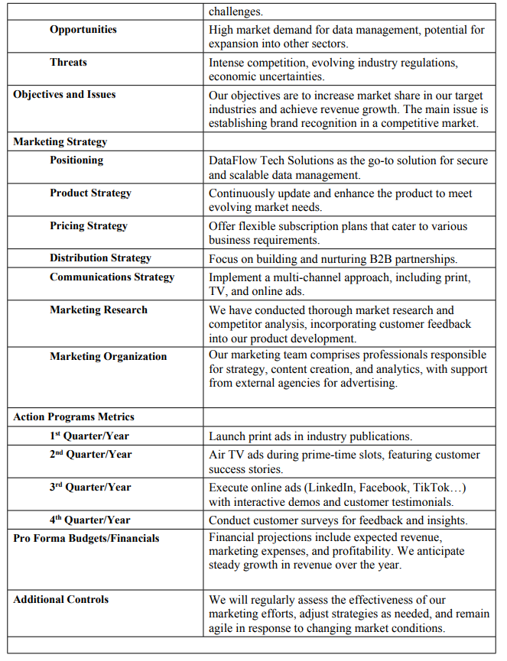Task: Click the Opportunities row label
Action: pyautogui.click(x=83, y=29)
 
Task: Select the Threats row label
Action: pyautogui.click(x=68, y=62)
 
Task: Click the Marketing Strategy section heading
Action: pyautogui.click(x=60, y=141)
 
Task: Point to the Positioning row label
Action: pyautogui.click(x=76, y=160)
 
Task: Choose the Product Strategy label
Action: pyautogui.click(x=90, y=193)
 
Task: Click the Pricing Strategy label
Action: pyautogui.click(x=89, y=225)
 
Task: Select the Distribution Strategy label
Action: pyautogui.click(x=100, y=258)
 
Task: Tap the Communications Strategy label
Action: pyautogui.click(x=112, y=277)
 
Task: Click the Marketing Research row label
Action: pyautogui.click(x=99, y=309)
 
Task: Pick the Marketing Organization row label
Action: pyautogui.click(x=108, y=356)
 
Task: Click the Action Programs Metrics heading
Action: pyautogui.click(x=73, y=416)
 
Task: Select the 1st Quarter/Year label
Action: pyautogui.click(x=90, y=436)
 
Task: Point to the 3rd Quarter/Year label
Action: pyautogui.click(x=90, y=487)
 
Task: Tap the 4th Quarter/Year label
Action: pyautogui.click(x=90, y=520)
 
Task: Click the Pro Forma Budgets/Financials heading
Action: pyautogui.click(x=86, y=538)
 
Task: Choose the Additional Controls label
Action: pyautogui.click(x=61, y=599)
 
